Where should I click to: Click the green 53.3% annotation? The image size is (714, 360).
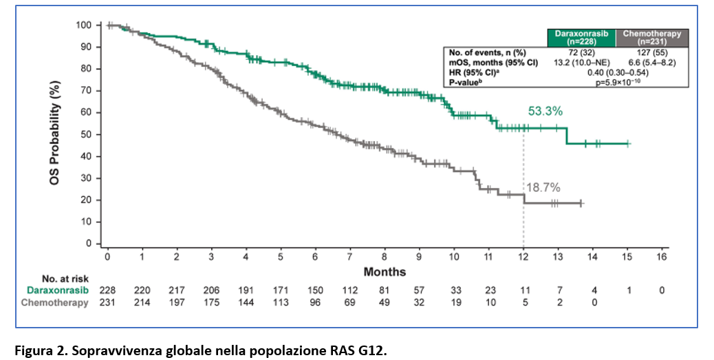[x=545, y=112]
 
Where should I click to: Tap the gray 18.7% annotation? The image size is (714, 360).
[x=543, y=188]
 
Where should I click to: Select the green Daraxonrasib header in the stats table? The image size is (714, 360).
[x=581, y=38]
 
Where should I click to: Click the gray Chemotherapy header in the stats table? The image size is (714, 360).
[x=652, y=38]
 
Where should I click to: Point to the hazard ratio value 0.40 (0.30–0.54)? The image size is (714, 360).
[x=618, y=72]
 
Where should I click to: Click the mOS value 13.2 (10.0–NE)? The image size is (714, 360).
[x=581, y=63]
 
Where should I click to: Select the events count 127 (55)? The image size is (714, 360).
[x=652, y=53]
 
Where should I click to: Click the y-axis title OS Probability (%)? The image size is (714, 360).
[x=54, y=133]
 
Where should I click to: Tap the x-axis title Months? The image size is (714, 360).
[x=385, y=272]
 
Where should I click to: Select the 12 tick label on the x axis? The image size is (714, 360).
[x=523, y=257]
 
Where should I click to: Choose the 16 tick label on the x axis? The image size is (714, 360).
[x=662, y=257]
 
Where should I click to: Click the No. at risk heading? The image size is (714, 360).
[x=65, y=279]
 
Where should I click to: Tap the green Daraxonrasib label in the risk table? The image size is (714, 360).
[x=57, y=290]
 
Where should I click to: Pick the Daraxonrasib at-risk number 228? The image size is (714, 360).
[x=107, y=290]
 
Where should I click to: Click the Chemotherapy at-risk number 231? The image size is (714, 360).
[x=107, y=303]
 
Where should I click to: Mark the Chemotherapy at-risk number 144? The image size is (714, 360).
[x=246, y=303]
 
